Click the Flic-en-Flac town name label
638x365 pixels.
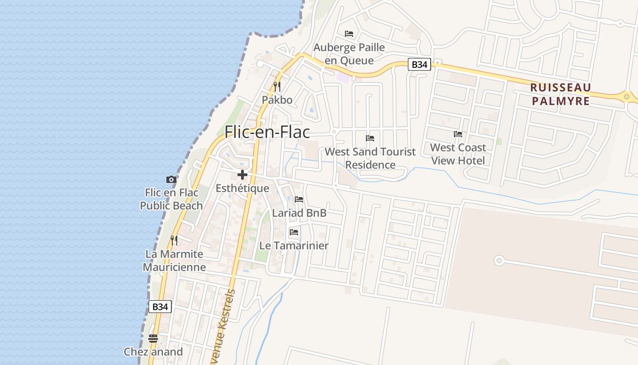(x=267, y=132)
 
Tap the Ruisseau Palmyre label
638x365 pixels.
(x=561, y=94)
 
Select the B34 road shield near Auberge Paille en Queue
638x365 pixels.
(x=419, y=64)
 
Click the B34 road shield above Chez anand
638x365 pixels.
(x=160, y=307)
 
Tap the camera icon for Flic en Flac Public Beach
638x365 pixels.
(x=171, y=179)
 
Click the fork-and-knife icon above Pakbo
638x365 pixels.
(x=277, y=86)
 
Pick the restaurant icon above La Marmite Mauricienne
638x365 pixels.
(x=174, y=240)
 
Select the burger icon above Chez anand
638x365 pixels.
(x=153, y=338)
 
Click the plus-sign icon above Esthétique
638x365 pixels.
(x=242, y=175)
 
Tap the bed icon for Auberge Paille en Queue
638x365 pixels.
(x=349, y=34)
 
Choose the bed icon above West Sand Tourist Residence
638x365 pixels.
(x=370, y=138)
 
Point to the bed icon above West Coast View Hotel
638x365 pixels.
(x=458, y=134)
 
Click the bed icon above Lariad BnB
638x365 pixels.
(x=299, y=199)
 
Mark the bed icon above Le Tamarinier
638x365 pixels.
(x=294, y=232)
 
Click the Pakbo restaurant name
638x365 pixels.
(x=277, y=99)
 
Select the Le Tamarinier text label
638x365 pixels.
(x=294, y=245)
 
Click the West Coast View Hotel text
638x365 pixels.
(x=458, y=154)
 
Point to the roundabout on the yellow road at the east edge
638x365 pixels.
(x=627, y=96)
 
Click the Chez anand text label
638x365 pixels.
(x=153, y=352)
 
